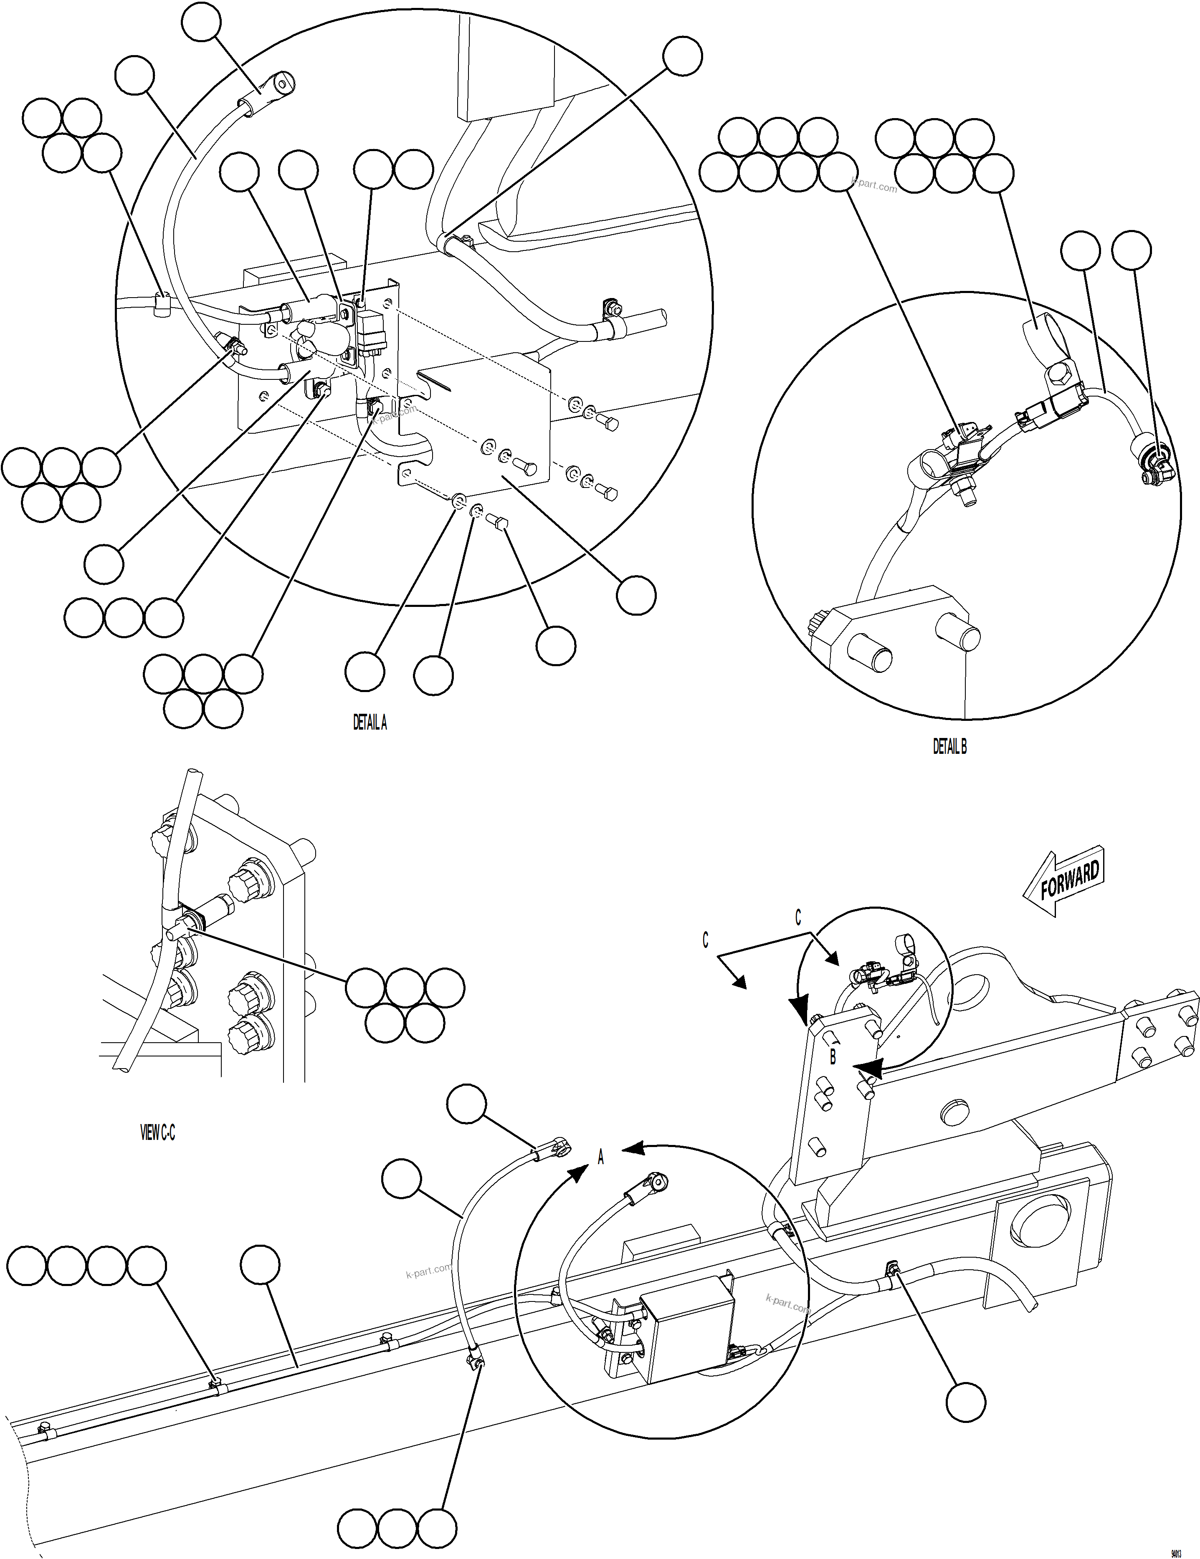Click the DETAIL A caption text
(x=370, y=723)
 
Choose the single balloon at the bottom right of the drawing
(x=965, y=1403)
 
